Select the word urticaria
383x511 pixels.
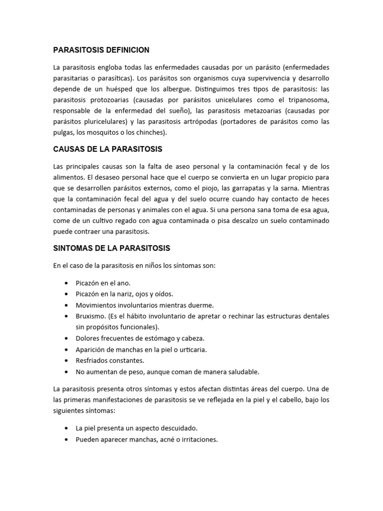(x=193, y=349)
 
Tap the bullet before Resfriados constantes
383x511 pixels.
(x=66, y=360)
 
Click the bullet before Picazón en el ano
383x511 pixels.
(x=66, y=283)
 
